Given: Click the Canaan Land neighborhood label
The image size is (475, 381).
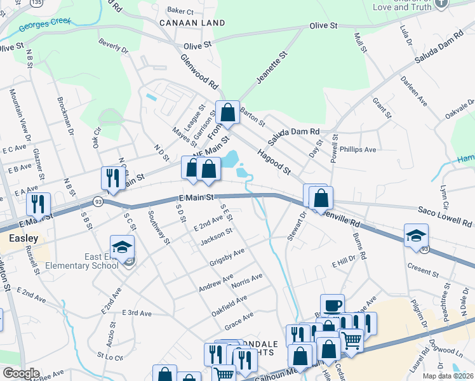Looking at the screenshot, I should (192, 23).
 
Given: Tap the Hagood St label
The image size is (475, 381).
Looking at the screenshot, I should (273, 161).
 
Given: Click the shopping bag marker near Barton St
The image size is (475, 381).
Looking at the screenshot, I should (227, 114).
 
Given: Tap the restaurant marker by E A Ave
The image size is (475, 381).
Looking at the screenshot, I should (39, 204).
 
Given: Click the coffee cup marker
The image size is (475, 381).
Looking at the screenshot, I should (332, 305).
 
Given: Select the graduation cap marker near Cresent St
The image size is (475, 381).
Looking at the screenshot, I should (417, 236).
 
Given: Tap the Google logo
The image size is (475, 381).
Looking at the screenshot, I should (21, 373).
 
